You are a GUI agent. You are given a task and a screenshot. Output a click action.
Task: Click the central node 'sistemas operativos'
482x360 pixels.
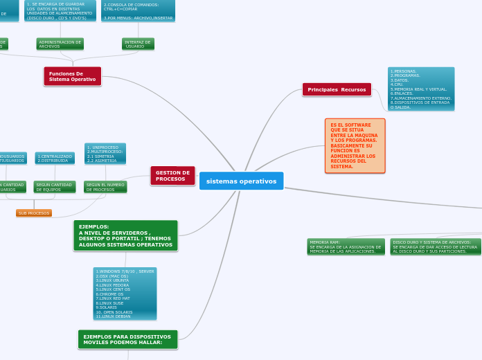(x=241, y=181)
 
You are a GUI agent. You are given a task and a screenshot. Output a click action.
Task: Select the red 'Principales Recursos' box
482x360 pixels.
(x=337, y=89)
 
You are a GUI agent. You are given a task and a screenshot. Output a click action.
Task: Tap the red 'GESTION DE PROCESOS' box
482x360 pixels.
(x=172, y=176)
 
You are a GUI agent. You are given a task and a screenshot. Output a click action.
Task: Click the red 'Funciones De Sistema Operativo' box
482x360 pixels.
(x=73, y=76)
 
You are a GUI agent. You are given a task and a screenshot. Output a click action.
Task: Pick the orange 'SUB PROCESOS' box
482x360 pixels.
(x=34, y=213)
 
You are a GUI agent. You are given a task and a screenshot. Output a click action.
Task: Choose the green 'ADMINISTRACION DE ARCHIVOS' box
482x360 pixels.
(x=60, y=44)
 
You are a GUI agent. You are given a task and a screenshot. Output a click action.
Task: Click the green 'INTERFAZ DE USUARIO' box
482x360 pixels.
(x=138, y=44)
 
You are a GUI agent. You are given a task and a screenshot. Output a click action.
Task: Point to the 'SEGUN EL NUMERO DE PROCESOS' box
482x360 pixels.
(x=105, y=187)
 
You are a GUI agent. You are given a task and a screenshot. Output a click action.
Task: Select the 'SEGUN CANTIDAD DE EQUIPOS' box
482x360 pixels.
(x=54, y=187)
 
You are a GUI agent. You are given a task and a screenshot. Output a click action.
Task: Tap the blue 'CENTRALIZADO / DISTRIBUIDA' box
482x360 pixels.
(x=55, y=158)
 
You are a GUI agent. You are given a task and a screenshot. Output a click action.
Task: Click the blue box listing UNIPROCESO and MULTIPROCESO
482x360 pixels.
(x=105, y=153)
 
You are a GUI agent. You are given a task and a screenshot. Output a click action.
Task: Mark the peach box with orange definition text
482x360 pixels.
(x=355, y=145)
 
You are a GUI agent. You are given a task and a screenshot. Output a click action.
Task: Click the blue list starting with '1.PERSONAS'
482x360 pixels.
(x=421, y=89)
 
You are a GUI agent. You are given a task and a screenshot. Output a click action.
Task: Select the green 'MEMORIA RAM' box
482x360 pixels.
(x=345, y=246)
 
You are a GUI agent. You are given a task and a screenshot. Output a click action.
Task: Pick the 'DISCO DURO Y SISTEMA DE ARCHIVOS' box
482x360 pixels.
(x=435, y=246)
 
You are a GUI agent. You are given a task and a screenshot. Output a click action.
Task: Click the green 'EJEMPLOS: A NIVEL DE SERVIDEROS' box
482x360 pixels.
(x=125, y=235)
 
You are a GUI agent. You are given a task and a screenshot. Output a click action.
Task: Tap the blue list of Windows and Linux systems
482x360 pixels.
(x=125, y=294)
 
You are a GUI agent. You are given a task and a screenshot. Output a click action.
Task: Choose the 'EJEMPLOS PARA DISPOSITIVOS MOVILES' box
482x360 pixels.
(x=127, y=339)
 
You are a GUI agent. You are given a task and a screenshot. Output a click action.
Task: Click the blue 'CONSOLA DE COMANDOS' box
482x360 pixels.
(x=138, y=10)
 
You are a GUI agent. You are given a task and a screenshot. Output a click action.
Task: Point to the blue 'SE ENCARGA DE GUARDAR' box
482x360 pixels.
(x=60, y=10)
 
